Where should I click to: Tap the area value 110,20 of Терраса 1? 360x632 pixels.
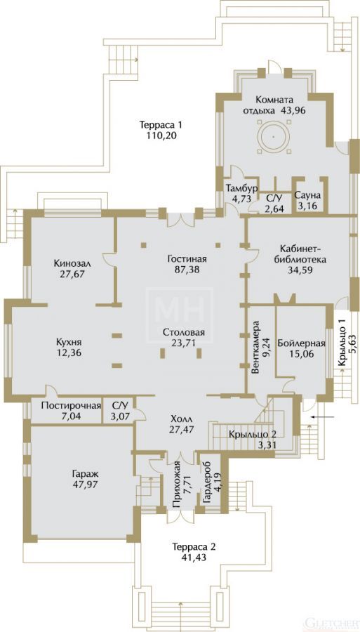click(x=162, y=136)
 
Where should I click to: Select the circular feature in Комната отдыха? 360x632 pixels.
click(x=274, y=137)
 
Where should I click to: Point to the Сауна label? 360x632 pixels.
click(x=307, y=196)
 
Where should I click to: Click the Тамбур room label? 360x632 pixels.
click(x=242, y=189)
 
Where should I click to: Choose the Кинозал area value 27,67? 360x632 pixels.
click(x=72, y=274)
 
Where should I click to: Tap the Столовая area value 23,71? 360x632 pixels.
click(x=185, y=343)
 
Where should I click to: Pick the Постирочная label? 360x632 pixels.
click(x=71, y=405)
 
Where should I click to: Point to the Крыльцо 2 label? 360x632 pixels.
click(x=253, y=435)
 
